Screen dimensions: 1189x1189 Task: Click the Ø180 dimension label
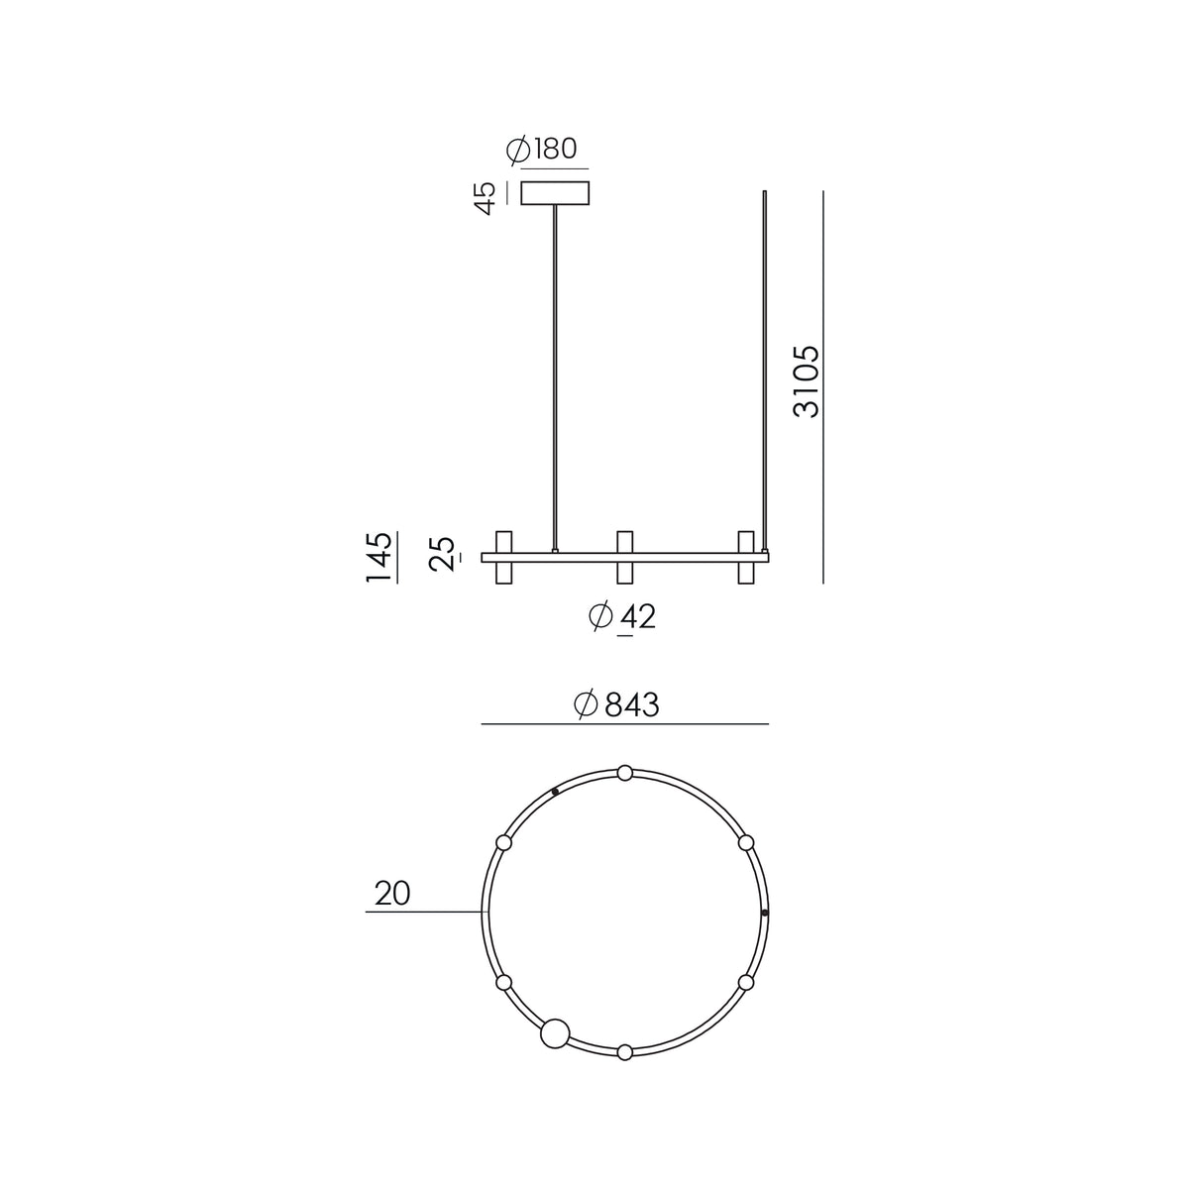[541, 150]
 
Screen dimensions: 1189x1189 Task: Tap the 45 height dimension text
[486, 198]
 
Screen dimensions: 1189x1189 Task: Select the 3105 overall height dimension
[807, 381]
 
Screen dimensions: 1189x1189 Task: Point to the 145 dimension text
[378, 557]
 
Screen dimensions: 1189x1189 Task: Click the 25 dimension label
[444, 554]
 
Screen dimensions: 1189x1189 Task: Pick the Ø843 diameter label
[615, 704]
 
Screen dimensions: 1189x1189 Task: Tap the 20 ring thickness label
[392, 893]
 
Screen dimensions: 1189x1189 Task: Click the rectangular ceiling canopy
[555, 192]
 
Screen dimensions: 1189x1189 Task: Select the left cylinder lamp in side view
[504, 557]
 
